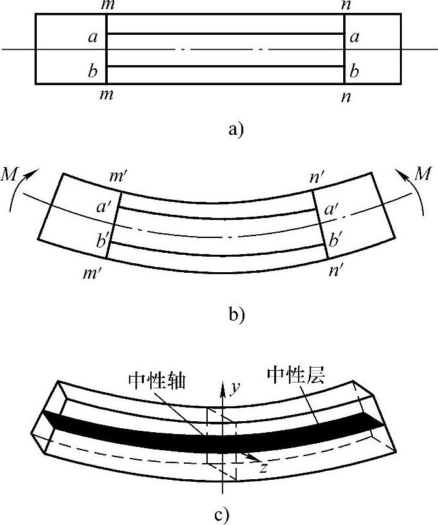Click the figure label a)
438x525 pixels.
[235, 130]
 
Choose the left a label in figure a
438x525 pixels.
[92, 37]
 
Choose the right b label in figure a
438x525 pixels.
[353, 70]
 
